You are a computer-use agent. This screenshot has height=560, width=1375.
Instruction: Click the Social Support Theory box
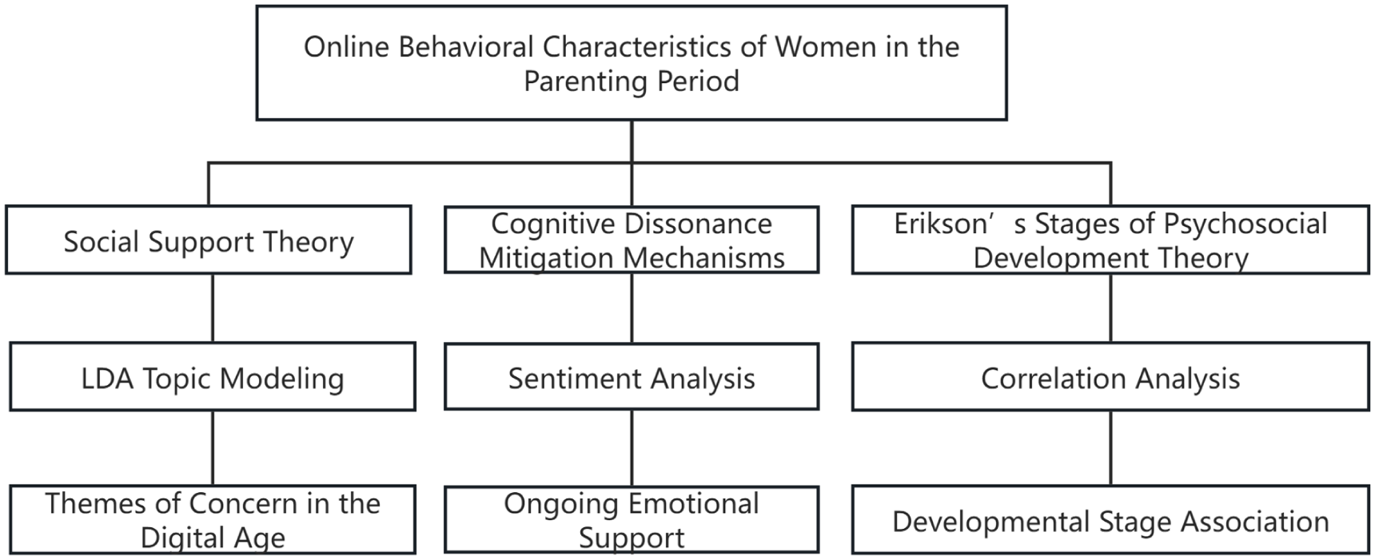pyautogui.click(x=208, y=240)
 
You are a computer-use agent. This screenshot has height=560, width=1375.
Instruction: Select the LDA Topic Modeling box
pyautogui.click(x=213, y=377)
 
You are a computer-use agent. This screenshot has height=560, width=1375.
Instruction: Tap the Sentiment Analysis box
pyautogui.click(x=632, y=377)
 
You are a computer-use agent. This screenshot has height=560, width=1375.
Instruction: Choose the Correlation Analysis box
pyautogui.click(x=1110, y=377)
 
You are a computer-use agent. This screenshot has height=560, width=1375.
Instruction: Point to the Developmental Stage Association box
pyautogui.click(x=1110, y=519)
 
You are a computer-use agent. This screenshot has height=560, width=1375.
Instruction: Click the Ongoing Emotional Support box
pyautogui.click(x=632, y=519)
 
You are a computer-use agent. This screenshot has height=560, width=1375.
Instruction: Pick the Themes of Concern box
pyautogui.click(x=213, y=519)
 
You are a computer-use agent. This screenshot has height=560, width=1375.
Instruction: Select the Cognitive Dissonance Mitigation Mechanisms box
pyautogui.click(x=632, y=240)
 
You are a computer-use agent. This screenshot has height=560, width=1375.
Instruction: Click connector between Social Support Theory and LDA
pyautogui.click(x=213, y=308)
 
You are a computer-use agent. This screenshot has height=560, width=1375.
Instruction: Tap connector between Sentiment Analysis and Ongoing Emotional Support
pyautogui.click(x=632, y=448)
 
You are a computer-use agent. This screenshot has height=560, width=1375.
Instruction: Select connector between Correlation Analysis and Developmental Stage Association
pyautogui.click(x=1110, y=448)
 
